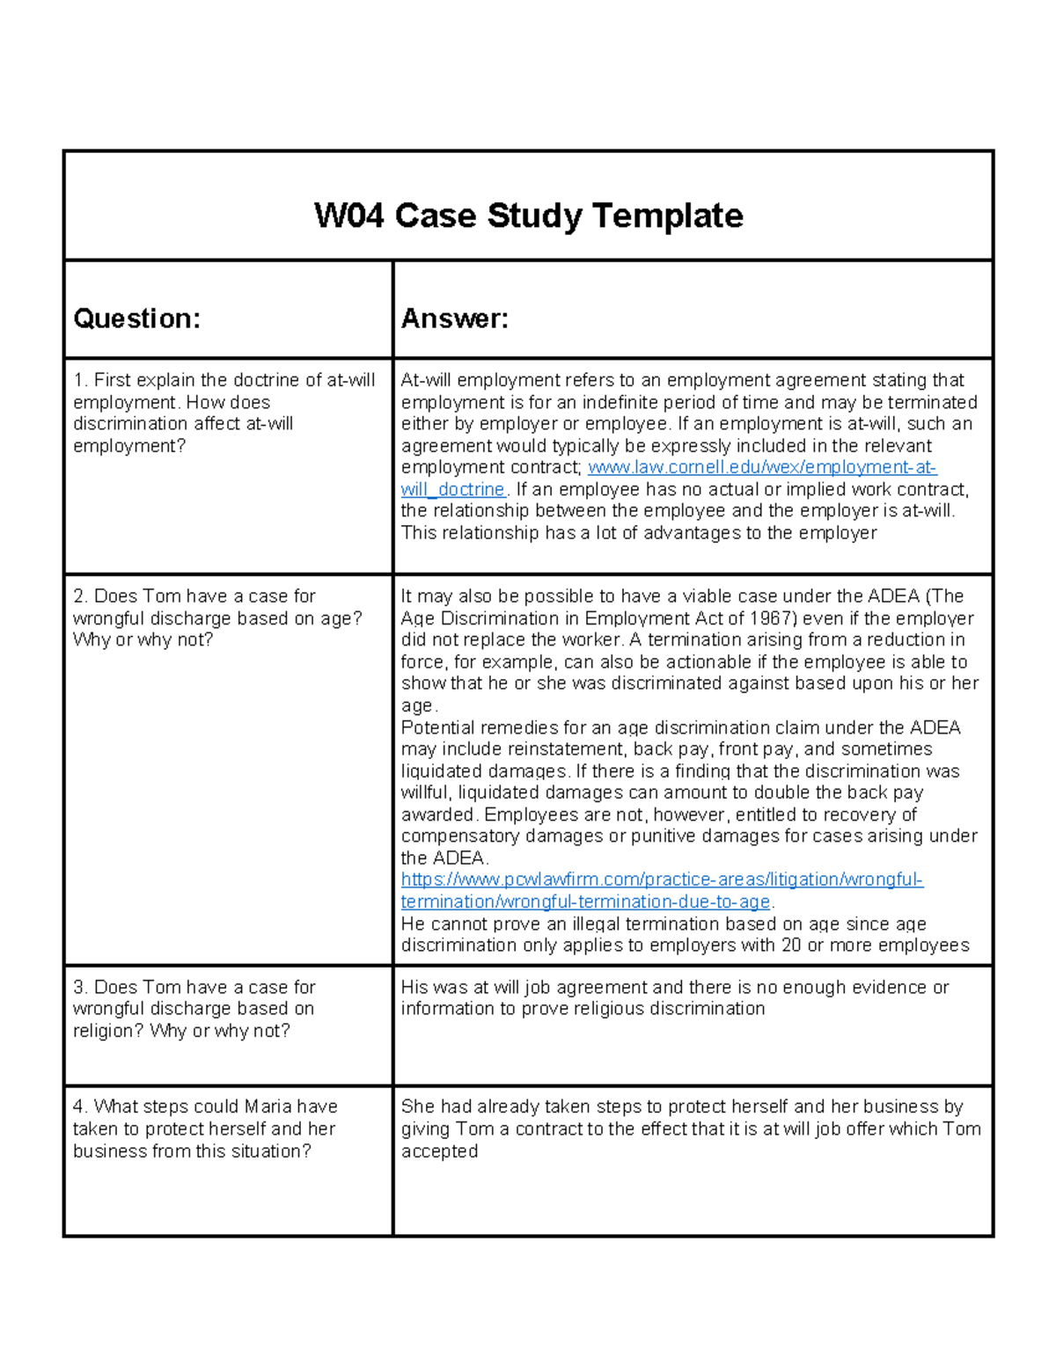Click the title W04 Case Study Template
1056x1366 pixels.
pos(528,215)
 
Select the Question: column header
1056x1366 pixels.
pos(136,318)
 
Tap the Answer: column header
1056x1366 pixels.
pos(455,318)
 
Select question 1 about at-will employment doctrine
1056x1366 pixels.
pos(224,413)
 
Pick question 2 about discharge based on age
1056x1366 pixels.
pos(216,617)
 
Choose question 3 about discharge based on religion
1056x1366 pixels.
pos(194,1009)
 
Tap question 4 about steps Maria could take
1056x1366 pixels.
pos(205,1129)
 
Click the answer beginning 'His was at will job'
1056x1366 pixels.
pos(674,997)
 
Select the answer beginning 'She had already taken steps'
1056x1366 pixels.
pos(691,1129)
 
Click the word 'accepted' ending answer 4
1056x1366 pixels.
pos(439,1151)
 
